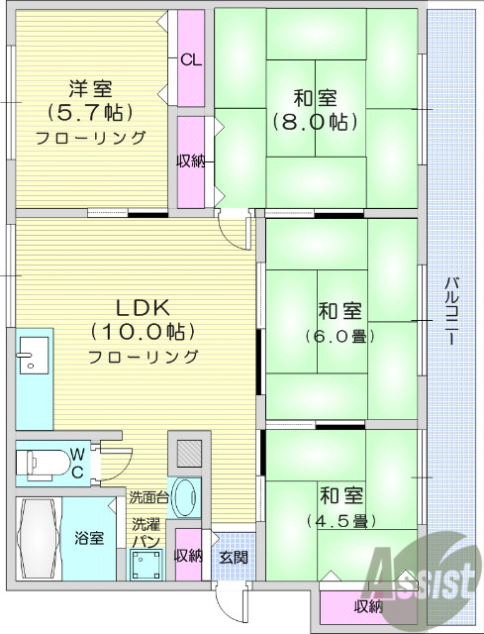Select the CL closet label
coord(191,59)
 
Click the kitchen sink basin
coord(32,354)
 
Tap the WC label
coord(76,462)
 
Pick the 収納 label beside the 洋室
coord(191,161)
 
